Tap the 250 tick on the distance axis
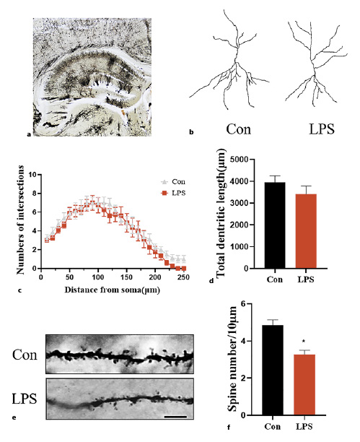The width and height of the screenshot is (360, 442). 185,277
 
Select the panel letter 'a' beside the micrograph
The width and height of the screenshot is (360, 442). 28,134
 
